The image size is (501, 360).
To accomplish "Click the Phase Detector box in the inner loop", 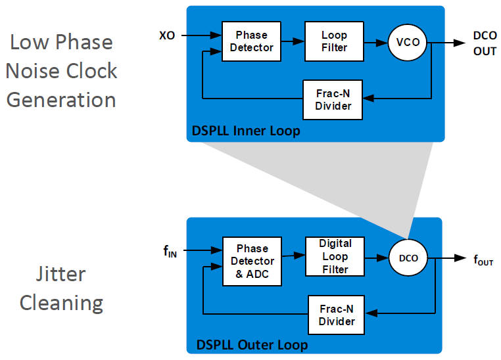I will click(x=252, y=41).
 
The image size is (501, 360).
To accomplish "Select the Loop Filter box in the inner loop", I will click(x=333, y=41).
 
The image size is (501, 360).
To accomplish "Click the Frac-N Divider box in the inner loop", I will click(x=333, y=100).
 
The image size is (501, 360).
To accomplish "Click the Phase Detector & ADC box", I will click(x=252, y=261).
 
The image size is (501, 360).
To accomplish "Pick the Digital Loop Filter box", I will click(x=335, y=256).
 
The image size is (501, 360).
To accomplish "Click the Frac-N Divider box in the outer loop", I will click(x=336, y=315).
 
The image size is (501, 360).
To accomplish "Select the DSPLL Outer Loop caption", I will click(x=252, y=344).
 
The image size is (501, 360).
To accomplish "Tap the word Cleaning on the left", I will click(x=61, y=303).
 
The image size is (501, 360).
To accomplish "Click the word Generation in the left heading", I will click(x=61, y=100).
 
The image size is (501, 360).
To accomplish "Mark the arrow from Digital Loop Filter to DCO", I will click(x=377, y=258).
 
